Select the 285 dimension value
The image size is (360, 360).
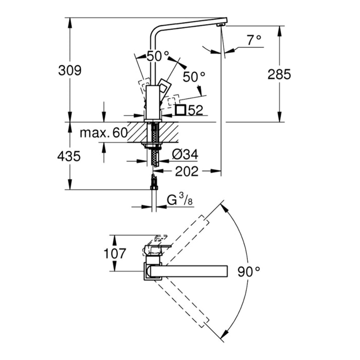(279, 74)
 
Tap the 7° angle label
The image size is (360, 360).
(254, 40)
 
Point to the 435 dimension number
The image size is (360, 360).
(69, 156)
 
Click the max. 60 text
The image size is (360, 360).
(103, 133)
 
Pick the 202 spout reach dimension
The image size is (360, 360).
(186, 172)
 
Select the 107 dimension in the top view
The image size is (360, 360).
(115, 253)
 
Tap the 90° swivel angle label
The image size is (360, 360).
(249, 271)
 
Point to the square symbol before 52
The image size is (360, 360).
(181, 110)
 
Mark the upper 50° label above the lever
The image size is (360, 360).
(157, 57)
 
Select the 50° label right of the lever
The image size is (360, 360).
(194, 77)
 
